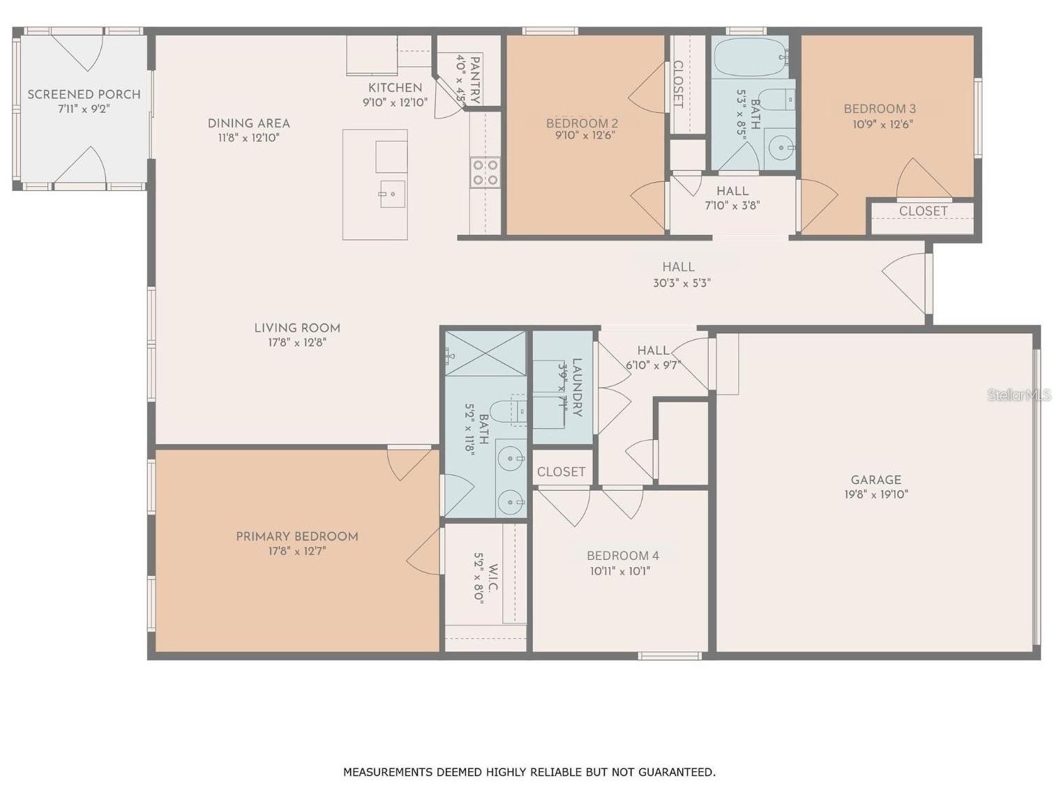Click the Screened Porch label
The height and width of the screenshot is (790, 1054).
click(x=84, y=94)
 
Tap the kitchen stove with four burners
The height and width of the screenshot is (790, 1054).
click(x=485, y=172)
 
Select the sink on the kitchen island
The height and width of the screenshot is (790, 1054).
click(x=392, y=194)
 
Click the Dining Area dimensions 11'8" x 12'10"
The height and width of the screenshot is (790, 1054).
click(x=248, y=138)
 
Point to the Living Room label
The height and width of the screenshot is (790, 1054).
click(x=297, y=328)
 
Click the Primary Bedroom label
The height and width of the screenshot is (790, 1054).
click(x=297, y=536)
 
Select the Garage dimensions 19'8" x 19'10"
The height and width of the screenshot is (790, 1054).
click(x=876, y=494)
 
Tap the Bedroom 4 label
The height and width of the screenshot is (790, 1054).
click(x=622, y=556)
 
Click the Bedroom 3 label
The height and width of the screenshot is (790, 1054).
click(x=880, y=109)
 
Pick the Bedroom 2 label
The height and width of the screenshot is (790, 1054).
click(x=582, y=123)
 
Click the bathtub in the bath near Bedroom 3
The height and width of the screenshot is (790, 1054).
click(x=750, y=57)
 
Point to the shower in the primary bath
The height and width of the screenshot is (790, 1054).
click(x=485, y=353)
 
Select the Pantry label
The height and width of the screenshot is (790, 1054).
click(x=474, y=80)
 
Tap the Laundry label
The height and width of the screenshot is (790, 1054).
click(x=577, y=387)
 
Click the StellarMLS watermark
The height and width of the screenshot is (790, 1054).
click(x=1018, y=395)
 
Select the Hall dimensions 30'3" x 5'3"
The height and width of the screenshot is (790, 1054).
click(x=682, y=283)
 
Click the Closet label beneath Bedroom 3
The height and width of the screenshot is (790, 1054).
click(x=923, y=211)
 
